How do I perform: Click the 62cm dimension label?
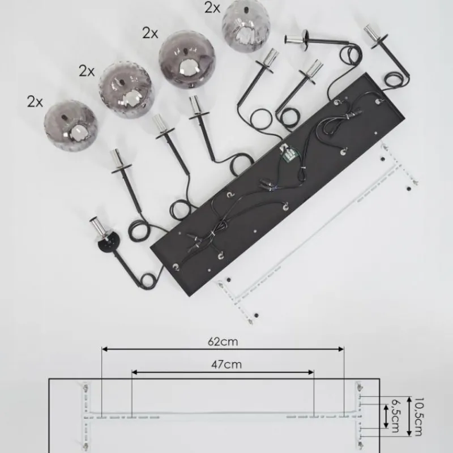point(223,342)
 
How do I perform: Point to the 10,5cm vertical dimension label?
point(418,417)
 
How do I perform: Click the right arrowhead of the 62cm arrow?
point(341,349)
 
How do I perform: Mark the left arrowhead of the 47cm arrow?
point(135,373)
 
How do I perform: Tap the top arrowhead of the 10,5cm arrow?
point(409,400)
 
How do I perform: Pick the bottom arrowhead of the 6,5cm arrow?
point(386,425)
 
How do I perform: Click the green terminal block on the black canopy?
point(289,153)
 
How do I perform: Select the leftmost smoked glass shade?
point(70,126)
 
